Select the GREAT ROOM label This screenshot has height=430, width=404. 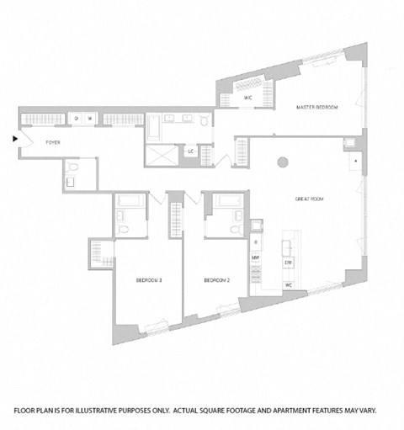(x=310, y=199)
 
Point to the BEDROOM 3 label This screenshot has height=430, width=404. (x=148, y=279)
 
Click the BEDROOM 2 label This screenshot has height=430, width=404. (x=217, y=279)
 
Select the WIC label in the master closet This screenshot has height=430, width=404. (x=248, y=98)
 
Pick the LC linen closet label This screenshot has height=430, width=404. (x=192, y=151)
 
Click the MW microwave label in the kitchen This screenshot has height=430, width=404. (x=255, y=257)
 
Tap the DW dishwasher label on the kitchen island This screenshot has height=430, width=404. (x=288, y=263)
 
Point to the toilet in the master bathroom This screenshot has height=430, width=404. (x=203, y=123)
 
